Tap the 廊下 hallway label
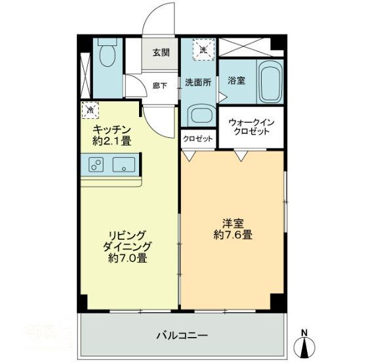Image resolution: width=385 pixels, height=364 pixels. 160,85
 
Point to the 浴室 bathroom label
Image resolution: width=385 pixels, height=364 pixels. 236,81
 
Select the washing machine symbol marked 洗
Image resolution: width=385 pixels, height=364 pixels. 203,50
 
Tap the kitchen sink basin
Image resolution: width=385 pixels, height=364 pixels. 124,164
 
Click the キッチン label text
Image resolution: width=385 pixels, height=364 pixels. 113,129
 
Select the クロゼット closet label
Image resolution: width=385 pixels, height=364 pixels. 197,139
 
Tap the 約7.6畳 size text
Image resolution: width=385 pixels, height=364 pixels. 233,234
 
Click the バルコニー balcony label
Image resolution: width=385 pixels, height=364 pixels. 182,335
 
